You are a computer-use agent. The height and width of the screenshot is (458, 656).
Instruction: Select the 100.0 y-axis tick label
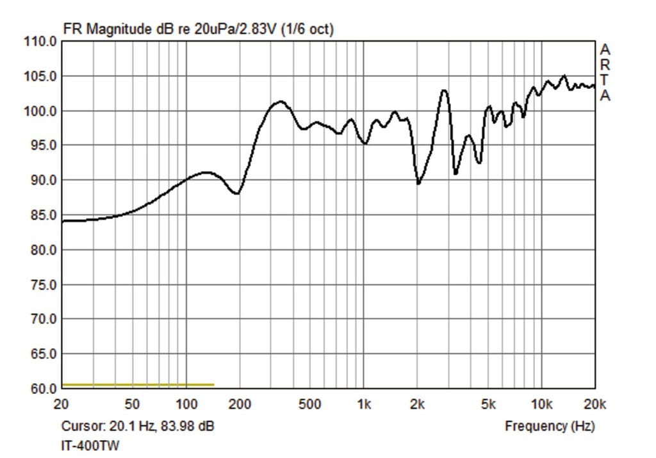(42, 111)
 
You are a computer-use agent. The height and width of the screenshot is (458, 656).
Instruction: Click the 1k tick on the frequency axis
(364, 404)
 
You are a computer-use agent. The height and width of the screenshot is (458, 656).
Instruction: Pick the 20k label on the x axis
(595, 404)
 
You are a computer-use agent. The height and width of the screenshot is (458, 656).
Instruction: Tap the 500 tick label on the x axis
(309, 404)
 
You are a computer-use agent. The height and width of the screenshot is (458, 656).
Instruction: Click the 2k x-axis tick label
(417, 404)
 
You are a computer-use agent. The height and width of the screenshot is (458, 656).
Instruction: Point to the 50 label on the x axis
(132, 404)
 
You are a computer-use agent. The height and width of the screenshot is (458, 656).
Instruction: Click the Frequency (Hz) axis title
(549, 426)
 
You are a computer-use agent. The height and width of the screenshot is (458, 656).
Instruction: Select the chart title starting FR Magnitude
(198, 29)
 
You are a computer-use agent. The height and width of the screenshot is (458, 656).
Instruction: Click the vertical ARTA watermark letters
(605, 72)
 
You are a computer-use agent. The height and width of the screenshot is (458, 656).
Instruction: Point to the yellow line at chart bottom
(138, 385)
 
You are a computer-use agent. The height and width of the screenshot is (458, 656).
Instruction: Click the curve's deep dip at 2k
(418, 183)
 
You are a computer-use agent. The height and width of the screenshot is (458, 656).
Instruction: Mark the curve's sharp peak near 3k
(443, 90)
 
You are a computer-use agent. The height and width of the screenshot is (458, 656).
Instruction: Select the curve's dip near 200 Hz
(237, 193)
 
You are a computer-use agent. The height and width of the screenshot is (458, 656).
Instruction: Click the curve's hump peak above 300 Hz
(280, 102)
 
